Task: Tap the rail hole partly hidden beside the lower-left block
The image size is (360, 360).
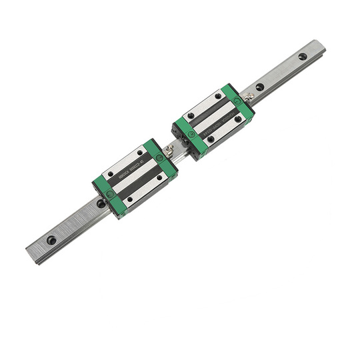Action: pyautogui.click(x=100, y=203)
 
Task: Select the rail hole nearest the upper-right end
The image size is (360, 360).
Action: pyautogui.click(x=303, y=57)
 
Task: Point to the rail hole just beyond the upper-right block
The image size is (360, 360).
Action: pyautogui.click(x=259, y=87)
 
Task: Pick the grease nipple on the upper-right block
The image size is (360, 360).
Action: pyautogui.click(x=249, y=97)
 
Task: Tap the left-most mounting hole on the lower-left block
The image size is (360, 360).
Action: pyautogui.click(x=111, y=175)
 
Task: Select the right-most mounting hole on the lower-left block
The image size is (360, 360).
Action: pyautogui.click(x=159, y=178)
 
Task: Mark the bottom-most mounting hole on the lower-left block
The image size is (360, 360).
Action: pyautogui.click(x=129, y=199)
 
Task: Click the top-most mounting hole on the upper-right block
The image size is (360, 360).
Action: pyautogui.click(x=218, y=95)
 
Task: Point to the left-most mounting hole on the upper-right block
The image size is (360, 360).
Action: pyautogui.click(x=191, y=115)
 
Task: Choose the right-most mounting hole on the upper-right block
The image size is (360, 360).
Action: pyautogui.click(x=238, y=119)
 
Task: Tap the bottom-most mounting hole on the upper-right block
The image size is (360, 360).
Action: pyautogui.click(x=211, y=139)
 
